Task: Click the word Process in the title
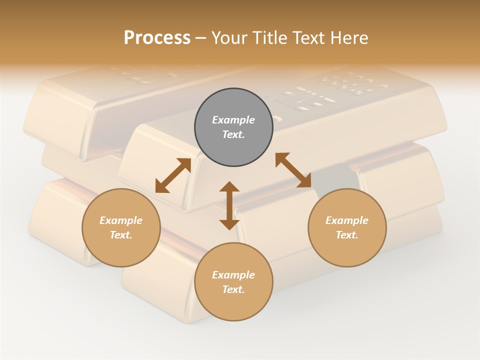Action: [157, 38]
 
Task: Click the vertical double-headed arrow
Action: [229, 205]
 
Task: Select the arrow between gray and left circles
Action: [173, 175]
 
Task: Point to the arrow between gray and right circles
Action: [293, 170]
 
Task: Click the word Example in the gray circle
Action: [233, 120]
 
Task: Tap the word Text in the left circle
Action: [120, 235]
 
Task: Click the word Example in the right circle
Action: [347, 220]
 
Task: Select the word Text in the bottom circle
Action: [233, 289]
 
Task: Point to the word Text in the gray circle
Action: [233, 134]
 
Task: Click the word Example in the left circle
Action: [121, 220]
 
